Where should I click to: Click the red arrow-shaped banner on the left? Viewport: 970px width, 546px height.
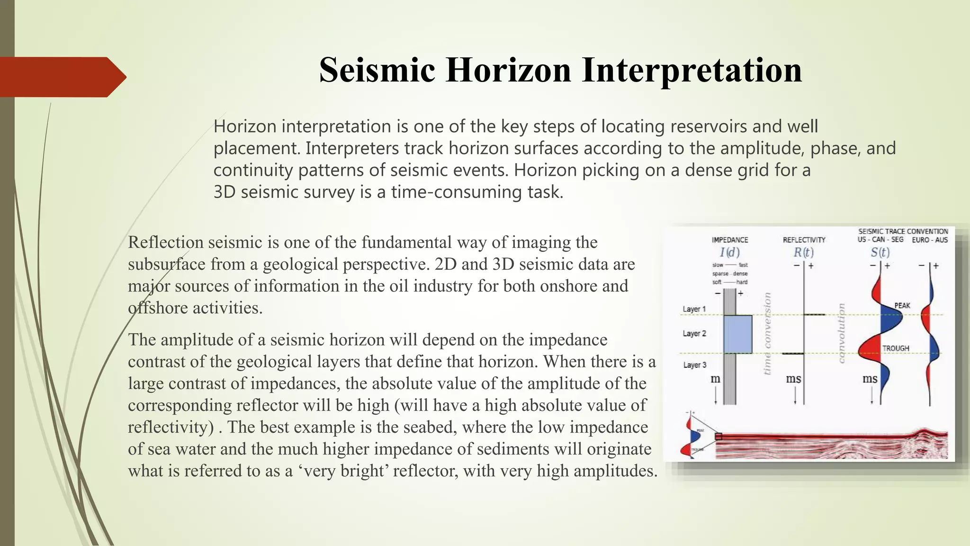62,77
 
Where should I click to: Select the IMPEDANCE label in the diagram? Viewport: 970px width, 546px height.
730,240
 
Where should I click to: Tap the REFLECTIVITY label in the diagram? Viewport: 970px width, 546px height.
804,240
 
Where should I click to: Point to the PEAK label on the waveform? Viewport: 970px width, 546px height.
902,306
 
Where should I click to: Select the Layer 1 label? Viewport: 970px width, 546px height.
694,309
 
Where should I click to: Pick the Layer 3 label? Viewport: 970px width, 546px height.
694,365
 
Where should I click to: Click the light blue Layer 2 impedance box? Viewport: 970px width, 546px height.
737,334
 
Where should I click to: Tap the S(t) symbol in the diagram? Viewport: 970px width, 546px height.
880,252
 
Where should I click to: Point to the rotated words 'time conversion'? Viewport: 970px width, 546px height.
768,334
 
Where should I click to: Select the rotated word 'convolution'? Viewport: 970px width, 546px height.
842,333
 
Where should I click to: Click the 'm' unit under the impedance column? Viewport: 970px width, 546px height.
715,379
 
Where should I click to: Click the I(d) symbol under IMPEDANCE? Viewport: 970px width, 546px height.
729,253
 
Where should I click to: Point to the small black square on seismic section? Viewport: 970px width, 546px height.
719,437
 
